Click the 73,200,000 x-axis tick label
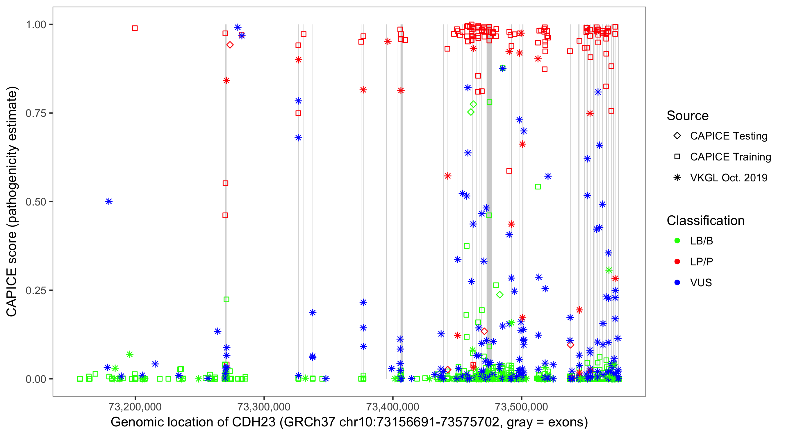click(x=135, y=407)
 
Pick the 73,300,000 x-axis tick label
click(x=264, y=407)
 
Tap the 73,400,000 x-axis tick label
click(x=392, y=407)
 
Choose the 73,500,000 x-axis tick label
click(x=521, y=407)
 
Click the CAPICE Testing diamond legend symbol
click(x=677, y=136)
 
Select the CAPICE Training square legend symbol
click(x=677, y=157)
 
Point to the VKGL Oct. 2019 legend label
click(x=729, y=178)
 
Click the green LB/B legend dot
click(x=677, y=241)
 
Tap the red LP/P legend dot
click(x=677, y=262)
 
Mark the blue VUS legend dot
click(x=677, y=283)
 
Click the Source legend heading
click(x=688, y=116)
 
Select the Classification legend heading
click(x=705, y=221)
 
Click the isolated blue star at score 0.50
click(x=109, y=201)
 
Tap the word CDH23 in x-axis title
click(x=254, y=422)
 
